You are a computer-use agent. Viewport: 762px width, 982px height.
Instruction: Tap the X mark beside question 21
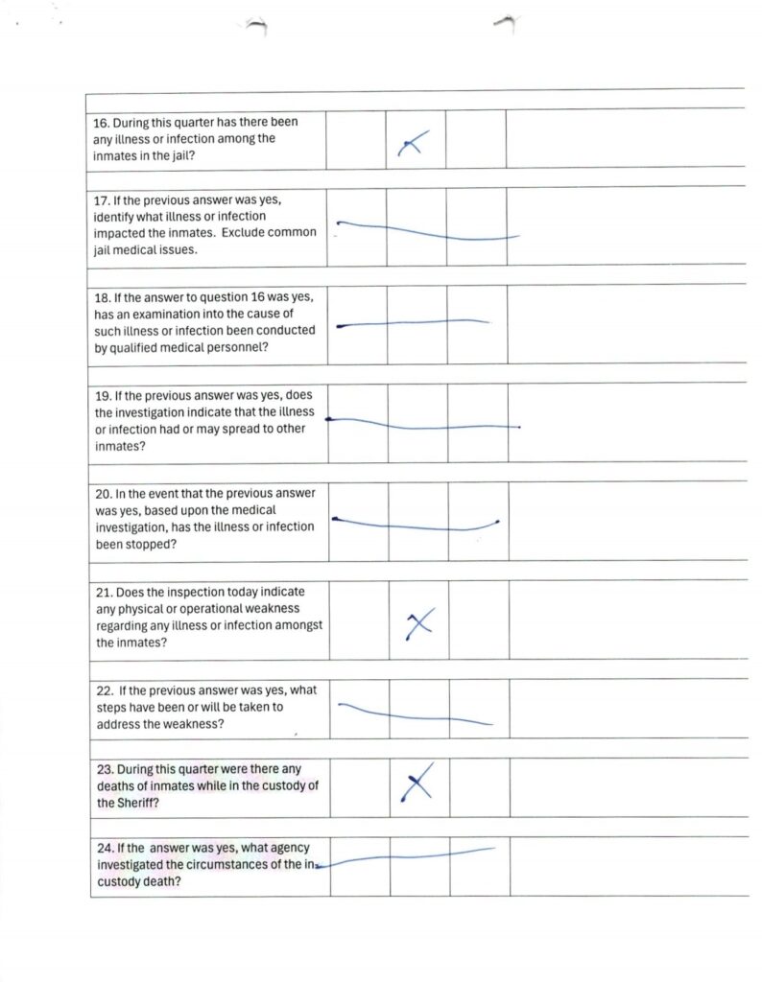419,624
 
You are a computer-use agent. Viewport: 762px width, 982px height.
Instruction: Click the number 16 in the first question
101,123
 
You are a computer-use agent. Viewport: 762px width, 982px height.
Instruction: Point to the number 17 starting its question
102,200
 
